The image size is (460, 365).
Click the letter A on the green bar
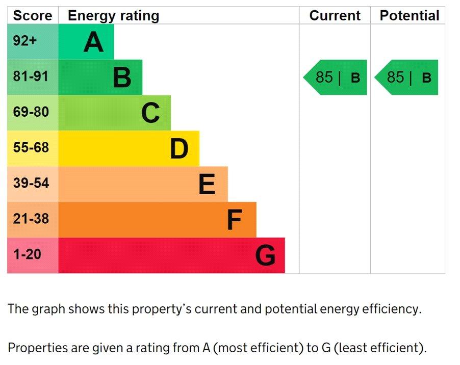93,42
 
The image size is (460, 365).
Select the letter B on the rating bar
122,77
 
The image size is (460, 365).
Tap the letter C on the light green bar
150,113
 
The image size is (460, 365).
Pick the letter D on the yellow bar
179,149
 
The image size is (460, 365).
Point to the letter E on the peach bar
207,185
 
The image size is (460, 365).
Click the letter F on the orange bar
234,220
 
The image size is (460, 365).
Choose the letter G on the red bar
265,256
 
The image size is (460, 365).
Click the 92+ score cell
25,41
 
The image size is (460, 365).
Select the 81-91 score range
31,77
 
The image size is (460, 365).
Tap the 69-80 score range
31,112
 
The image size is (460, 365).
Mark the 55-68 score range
31,148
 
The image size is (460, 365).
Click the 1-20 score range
27,254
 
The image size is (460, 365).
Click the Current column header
335,16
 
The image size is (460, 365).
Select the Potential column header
409,16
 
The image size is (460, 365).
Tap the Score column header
32,16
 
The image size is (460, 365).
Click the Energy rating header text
113,16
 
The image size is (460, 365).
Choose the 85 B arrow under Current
336,77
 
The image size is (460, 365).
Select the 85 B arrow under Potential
407,77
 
